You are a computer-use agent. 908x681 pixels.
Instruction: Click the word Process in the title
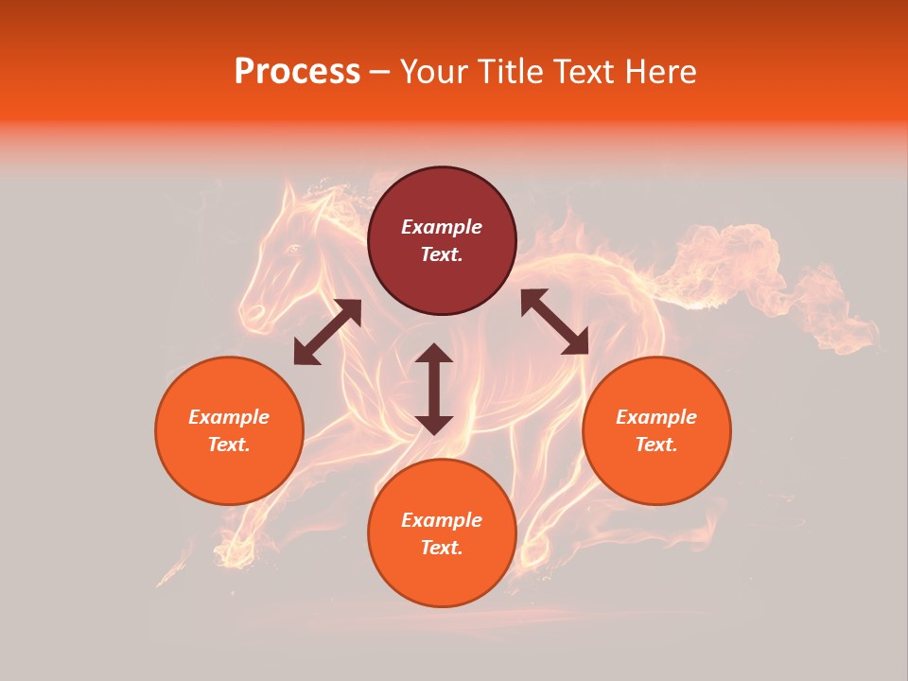point(297,72)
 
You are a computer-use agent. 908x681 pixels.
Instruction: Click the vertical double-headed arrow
point(434,389)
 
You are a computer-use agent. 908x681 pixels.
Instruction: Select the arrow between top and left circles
point(327,332)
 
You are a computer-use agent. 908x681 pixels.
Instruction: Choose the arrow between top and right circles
point(554,322)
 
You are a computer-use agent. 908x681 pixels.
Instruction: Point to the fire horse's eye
point(292,249)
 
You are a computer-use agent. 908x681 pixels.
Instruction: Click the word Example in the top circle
point(442,227)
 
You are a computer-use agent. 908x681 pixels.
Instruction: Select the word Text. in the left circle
point(229,445)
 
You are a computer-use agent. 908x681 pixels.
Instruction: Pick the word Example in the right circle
point(656,417)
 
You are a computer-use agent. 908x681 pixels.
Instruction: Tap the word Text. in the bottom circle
point(442,548)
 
